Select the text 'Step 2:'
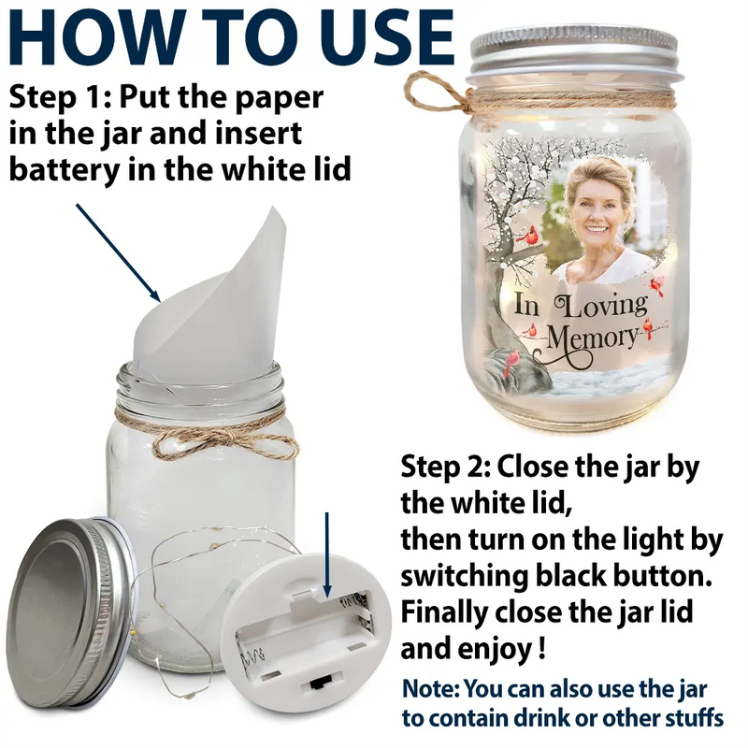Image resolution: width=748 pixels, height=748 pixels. click(x=446, y=467)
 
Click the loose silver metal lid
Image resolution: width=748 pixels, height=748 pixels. click(x=69, y=611)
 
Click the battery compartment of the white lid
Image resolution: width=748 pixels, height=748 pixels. click(x=306, y=629)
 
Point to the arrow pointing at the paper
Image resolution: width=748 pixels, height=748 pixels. click(x=118, y=252)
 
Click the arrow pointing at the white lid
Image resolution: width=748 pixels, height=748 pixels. click(x=326, y=554)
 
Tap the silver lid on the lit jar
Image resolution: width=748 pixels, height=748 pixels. click(x=572, y=52)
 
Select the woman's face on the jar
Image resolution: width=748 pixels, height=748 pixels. click(x=599, y=209)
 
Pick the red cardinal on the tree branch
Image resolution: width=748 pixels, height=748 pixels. click(x=528, y=237)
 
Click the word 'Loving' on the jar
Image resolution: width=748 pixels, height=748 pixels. click(x=600, y=307)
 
